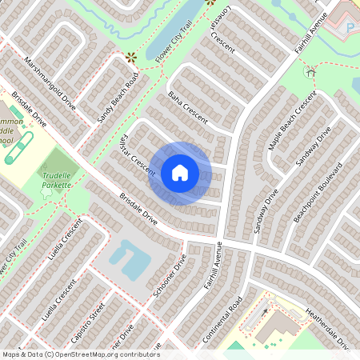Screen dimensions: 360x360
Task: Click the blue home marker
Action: (180, 172)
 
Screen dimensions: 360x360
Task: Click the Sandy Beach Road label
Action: (118, 98)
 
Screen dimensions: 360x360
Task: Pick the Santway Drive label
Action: (266, 210)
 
